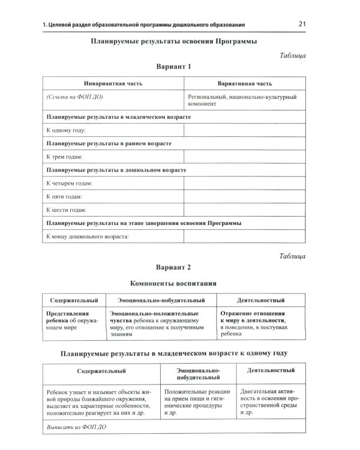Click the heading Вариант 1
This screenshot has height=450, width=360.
pyautogui.click(x=173, y=67)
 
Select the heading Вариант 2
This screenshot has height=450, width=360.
pyautogui.click(x=173, y=267)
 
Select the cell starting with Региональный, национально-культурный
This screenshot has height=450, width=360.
pyautogui.click(x=244, y=100)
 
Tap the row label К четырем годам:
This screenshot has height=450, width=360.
pyautogui.click(x=70, y=184)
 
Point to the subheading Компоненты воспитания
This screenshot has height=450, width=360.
pyautogui.click(x=173, y=283)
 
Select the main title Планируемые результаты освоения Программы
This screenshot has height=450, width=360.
pyautogui.click(x=173, y=42)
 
